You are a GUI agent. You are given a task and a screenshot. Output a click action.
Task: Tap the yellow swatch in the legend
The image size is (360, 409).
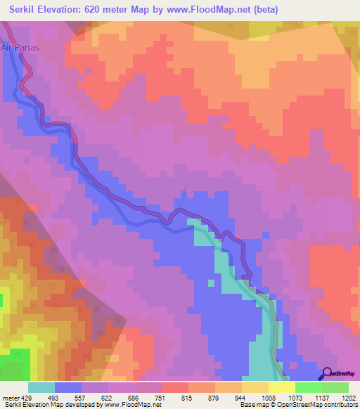282,387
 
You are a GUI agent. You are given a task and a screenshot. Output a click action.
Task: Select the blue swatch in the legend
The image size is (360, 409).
68,387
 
